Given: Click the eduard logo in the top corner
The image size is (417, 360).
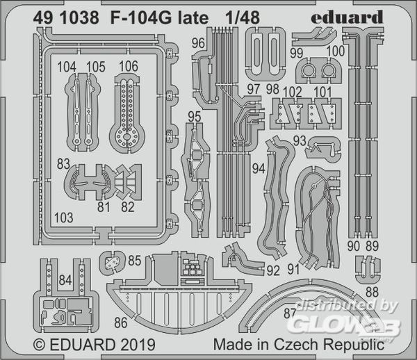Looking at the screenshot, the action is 347,17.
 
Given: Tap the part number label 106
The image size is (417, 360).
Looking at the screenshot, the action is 129,66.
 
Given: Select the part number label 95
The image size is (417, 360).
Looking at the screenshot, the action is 195,117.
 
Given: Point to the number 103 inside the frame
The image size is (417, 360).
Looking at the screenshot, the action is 63,218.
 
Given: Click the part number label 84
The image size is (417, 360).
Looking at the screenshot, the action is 65,280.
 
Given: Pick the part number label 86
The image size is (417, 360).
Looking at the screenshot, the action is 121,322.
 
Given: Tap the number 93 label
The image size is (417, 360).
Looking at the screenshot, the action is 300,140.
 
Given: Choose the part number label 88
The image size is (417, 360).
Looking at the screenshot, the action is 372,292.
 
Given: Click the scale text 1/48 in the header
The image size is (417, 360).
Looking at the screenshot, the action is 243,18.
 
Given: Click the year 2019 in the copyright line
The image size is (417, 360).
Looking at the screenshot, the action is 138,345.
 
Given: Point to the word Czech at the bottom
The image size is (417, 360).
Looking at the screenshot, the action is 296,344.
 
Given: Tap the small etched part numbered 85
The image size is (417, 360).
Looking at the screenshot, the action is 112,263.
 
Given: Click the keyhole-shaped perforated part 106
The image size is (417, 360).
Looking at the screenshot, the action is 127,113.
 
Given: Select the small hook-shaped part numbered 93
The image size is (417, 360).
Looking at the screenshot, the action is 323,148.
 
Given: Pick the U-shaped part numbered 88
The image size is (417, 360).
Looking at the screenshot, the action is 368,270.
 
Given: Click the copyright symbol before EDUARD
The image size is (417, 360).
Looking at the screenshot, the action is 40,345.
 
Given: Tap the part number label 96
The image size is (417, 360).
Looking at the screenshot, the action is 198,43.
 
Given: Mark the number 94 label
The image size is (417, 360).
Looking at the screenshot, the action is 259,169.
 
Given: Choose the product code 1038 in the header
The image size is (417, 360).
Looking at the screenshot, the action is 79,18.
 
